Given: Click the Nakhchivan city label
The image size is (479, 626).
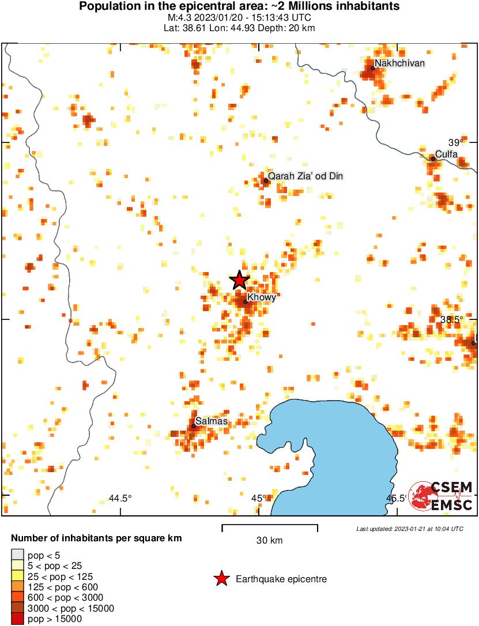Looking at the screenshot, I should click(x=399, y=63).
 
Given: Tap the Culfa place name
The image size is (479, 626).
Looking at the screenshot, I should click(x=446, y=154).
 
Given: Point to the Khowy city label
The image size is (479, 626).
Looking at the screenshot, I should click(x=262, y=297).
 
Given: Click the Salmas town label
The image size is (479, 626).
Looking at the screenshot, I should click(x=212, y=421).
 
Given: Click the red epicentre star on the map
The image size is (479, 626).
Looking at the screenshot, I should click(x=240, y=281).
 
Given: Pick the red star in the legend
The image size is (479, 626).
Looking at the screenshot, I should click(x=221, y=579).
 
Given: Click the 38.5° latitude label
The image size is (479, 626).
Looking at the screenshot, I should click(x=452, y=319).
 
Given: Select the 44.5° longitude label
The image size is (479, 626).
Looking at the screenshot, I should click(x=120, y=498).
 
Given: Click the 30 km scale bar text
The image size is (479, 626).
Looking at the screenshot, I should click(x=269, y=541).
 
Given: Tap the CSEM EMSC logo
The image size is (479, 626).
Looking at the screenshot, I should click(x=440, y=496).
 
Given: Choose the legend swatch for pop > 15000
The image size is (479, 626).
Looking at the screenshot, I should click(x=17, y=619).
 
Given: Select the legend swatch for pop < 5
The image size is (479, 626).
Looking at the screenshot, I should click(x=17, y=556).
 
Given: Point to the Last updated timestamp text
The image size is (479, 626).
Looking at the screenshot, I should click(x=409, y=529).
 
